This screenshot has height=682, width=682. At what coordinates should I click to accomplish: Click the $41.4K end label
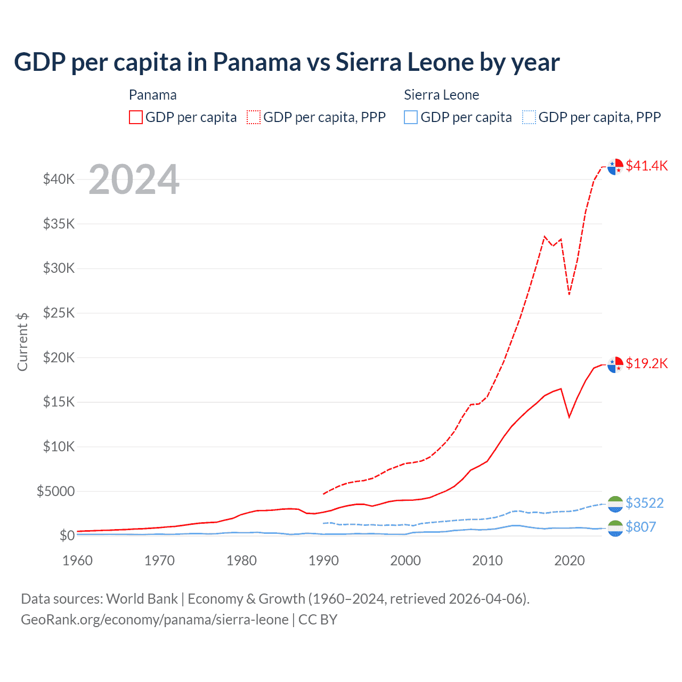[x=646, y=166]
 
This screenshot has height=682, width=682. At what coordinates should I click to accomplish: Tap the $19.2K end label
[x=646, y=363]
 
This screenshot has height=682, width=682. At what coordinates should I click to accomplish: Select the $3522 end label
[x=645, y=503]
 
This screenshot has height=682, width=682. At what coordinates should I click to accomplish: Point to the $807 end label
[x=640, y=527]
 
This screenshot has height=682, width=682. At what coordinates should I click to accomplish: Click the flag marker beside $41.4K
[x=615, y=167]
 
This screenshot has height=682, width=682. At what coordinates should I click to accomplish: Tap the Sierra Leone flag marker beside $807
[x=615, y=528]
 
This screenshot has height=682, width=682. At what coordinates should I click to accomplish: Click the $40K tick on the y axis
[x=59, y=179]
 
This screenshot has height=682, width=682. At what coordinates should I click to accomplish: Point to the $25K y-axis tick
[x=59, y=313]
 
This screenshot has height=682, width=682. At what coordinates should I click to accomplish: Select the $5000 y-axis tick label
[x=56, y=491]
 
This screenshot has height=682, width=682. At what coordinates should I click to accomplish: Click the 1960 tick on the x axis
[x=78, y=561]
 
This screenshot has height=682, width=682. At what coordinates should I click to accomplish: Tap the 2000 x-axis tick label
[x=405, y=561]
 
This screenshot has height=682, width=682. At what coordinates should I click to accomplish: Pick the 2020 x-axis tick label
[x=570, y=561]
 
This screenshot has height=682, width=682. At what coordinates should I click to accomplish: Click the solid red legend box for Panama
[x=136, y=117]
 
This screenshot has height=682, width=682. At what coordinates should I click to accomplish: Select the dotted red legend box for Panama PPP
[x=254, y=117]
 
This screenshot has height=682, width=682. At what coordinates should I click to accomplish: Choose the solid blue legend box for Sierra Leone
[x=411, y=117]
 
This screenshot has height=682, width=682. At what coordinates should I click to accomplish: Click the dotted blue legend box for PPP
[x=529, y=117]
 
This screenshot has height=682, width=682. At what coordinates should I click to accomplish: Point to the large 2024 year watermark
[x=134, y=180]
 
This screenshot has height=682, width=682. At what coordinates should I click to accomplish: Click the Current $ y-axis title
[x=22, y=342]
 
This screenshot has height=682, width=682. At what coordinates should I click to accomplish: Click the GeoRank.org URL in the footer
[x=155, y=620]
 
